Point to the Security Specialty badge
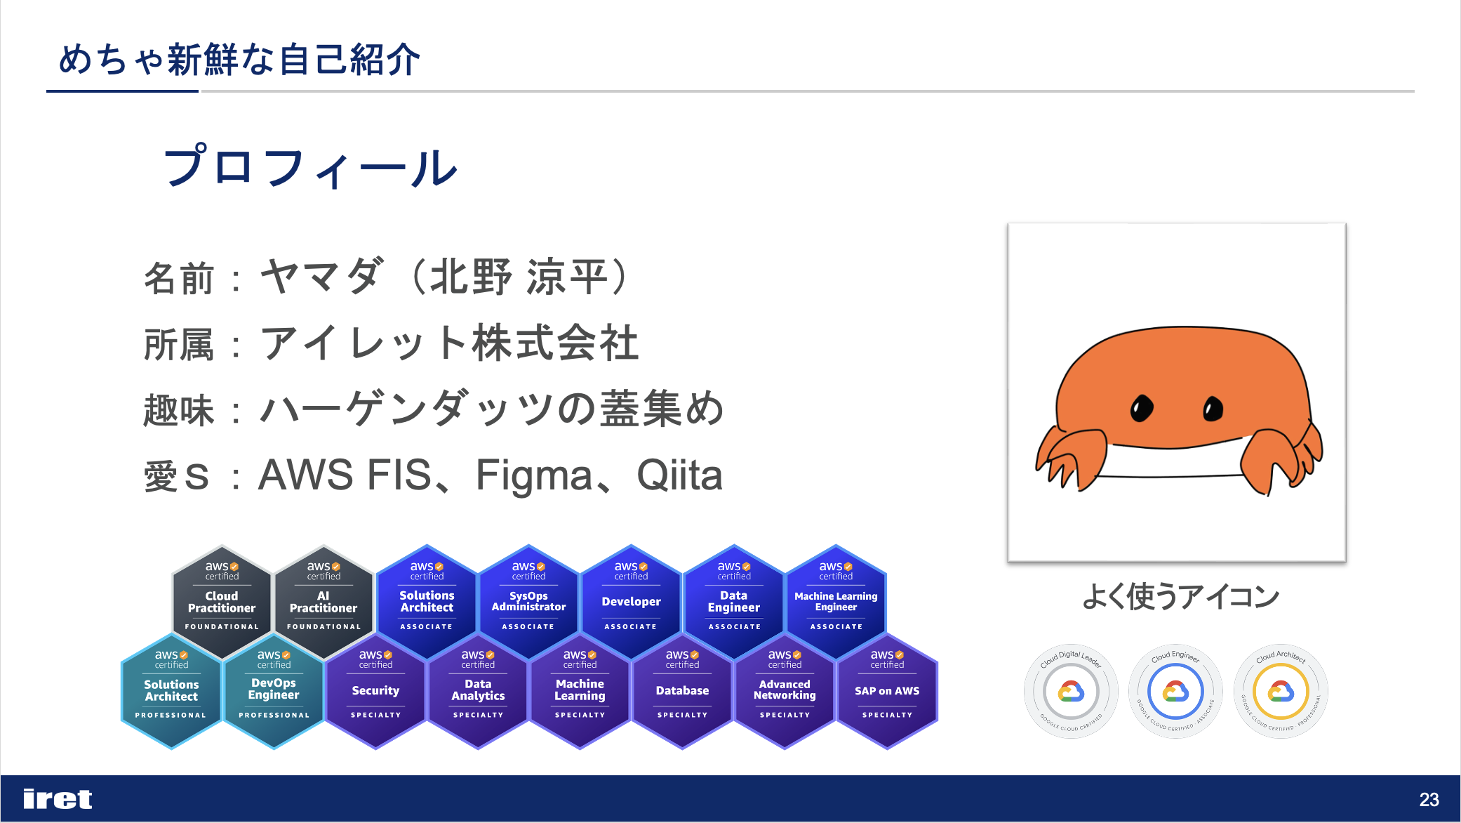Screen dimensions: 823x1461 pyautogui.click(x=375, y=690)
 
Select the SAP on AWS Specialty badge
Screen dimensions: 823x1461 pyautogui.click(x=887, y=690)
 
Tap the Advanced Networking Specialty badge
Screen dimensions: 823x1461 pyautogui.click(x=785, y=690)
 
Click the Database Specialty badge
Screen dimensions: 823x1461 pyautogui.click(x=682, y=690)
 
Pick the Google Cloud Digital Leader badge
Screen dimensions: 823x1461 pyautogui.click(x=1071, y=692)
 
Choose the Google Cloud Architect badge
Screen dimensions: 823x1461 pyautogui.click(x=1281, y=692)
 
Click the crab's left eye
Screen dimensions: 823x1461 pyautogui.click(x=1142, y=408)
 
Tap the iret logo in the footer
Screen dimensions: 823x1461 pyautogui.click(x=58, y=799)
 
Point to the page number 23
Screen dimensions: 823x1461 pyautogui.click(x=1429, y=800)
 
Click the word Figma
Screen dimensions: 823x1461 pyautogui.click(x=534, y=475)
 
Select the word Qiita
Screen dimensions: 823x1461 pyautogui.click(x=679, y=475)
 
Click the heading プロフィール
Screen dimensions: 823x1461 pyautogui.click(x=309, y=168)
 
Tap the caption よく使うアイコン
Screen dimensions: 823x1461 pyautogui.click(x=1180, y=597)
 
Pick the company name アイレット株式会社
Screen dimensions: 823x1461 pyautogui.click(x=449, y=343)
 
